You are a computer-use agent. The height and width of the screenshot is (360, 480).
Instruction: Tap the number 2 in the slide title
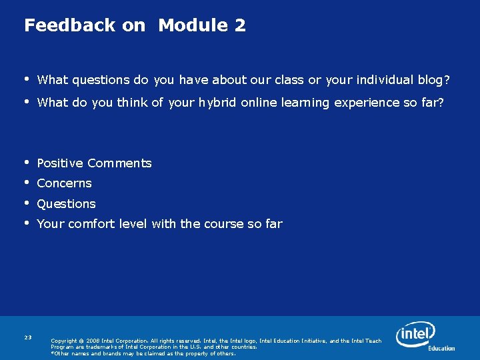point(239,26)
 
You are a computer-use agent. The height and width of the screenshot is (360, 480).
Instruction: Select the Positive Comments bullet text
point(94,163)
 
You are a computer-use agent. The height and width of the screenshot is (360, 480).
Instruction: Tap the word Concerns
point(64,183)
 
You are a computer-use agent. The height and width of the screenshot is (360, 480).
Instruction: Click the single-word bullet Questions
point(66,204)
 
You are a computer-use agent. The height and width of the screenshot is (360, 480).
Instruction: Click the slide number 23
point(28,338)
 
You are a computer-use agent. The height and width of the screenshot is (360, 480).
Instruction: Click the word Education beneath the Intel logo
point(441,348)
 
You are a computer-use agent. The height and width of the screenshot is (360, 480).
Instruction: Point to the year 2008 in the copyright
point(93,341)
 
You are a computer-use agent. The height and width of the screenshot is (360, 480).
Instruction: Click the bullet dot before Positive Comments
point(27,162)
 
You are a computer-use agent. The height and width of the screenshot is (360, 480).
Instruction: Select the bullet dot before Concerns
point(27,182)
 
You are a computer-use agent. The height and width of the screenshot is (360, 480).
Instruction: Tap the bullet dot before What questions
point(27,79)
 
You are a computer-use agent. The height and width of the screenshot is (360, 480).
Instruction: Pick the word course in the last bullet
point(223,224)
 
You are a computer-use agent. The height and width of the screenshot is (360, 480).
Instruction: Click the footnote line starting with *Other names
point(143,353)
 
